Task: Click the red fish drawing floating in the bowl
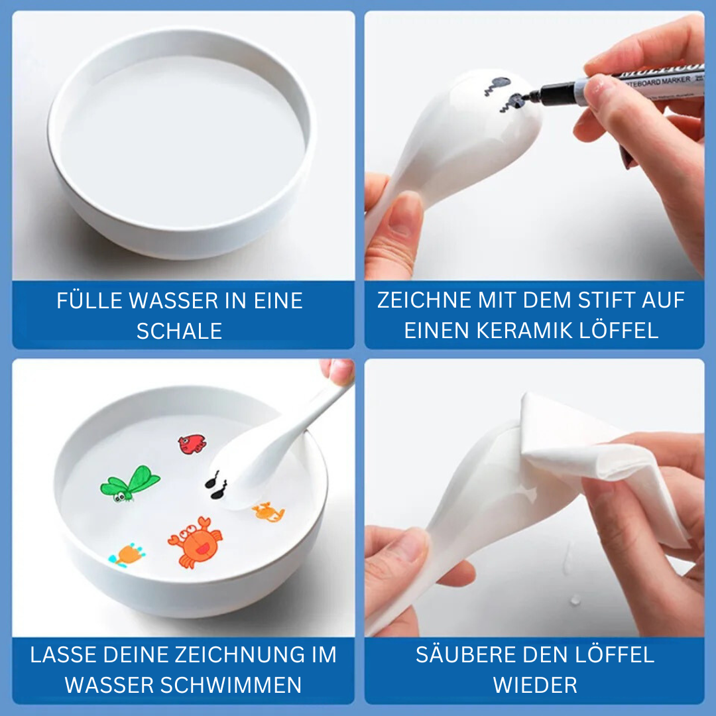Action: (x=192, y=444)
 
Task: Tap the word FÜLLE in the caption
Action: (x=89, y=301)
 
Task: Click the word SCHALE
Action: (x=179, y=331)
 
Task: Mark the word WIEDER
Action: (x=534, y=685)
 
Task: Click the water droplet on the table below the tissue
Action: (x=574, y=599)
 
